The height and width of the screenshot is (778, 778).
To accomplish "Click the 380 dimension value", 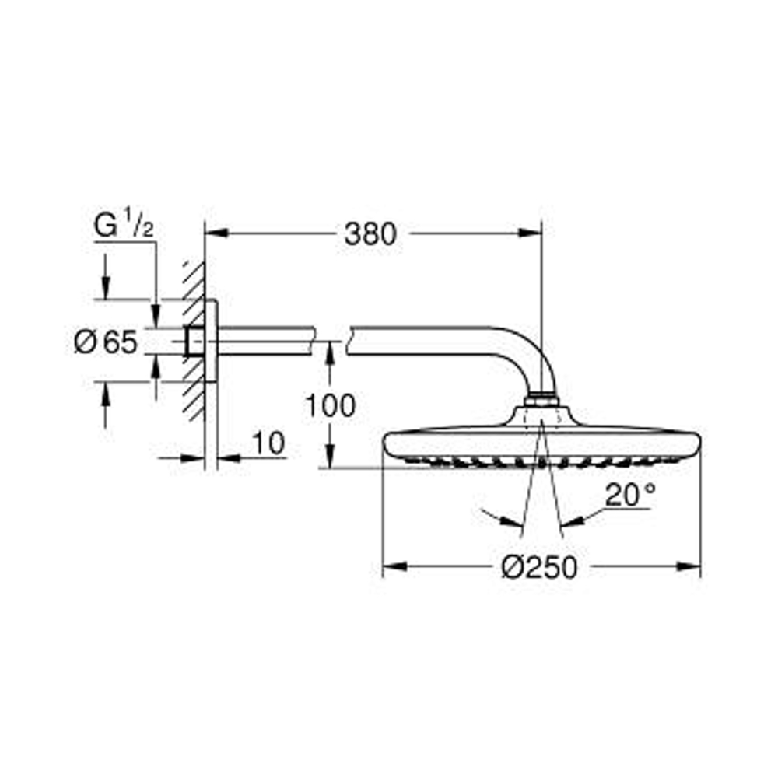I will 370,233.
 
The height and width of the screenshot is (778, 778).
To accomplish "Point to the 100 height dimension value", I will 329,405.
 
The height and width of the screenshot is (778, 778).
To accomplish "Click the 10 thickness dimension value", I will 268,444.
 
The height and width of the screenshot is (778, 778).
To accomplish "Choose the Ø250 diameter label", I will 540,568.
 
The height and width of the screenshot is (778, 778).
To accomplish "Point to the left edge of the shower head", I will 386,446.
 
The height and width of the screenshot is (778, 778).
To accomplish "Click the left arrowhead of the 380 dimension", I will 213,231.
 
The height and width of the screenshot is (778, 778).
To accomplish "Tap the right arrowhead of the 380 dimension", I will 532,231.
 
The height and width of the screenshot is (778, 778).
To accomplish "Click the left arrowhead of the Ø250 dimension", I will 392,567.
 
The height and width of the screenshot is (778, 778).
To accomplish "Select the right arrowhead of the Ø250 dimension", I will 692,567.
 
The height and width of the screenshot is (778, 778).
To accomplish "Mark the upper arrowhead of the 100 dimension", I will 329,350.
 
